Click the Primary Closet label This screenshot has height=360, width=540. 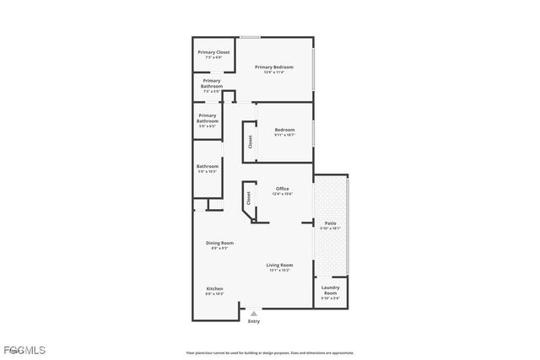213,52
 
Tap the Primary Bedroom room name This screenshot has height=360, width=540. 274,67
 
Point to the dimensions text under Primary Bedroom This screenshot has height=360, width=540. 274,72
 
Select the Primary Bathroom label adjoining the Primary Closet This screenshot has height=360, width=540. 212,83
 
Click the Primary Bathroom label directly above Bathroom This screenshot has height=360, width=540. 208,118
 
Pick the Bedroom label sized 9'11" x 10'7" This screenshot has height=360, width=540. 284,130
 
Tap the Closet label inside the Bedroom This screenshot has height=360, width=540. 250,142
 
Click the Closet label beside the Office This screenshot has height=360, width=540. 249,199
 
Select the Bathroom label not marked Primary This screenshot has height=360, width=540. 208,166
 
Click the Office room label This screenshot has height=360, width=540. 283,188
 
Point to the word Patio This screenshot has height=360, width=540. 330,223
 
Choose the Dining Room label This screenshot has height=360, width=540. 219,243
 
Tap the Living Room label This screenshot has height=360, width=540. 280,265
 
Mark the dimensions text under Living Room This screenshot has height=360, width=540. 280,270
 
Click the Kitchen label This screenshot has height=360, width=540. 214,288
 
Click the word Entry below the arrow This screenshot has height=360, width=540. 254,321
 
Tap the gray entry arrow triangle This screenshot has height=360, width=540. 254,313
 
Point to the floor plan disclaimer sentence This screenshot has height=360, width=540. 269,353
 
